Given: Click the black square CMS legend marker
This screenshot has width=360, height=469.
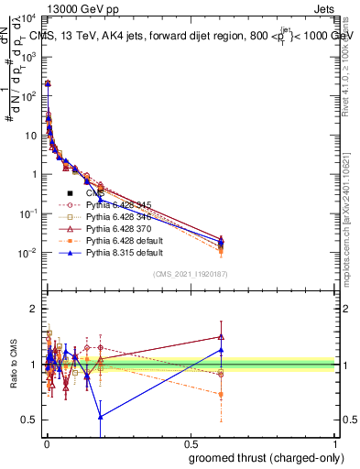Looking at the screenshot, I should (70, 193).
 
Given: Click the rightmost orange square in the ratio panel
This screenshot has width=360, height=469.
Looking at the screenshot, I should (221, 395).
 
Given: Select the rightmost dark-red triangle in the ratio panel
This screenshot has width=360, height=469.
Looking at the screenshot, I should (221, 336).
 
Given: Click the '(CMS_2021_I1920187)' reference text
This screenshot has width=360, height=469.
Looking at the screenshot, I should (190, 274).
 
